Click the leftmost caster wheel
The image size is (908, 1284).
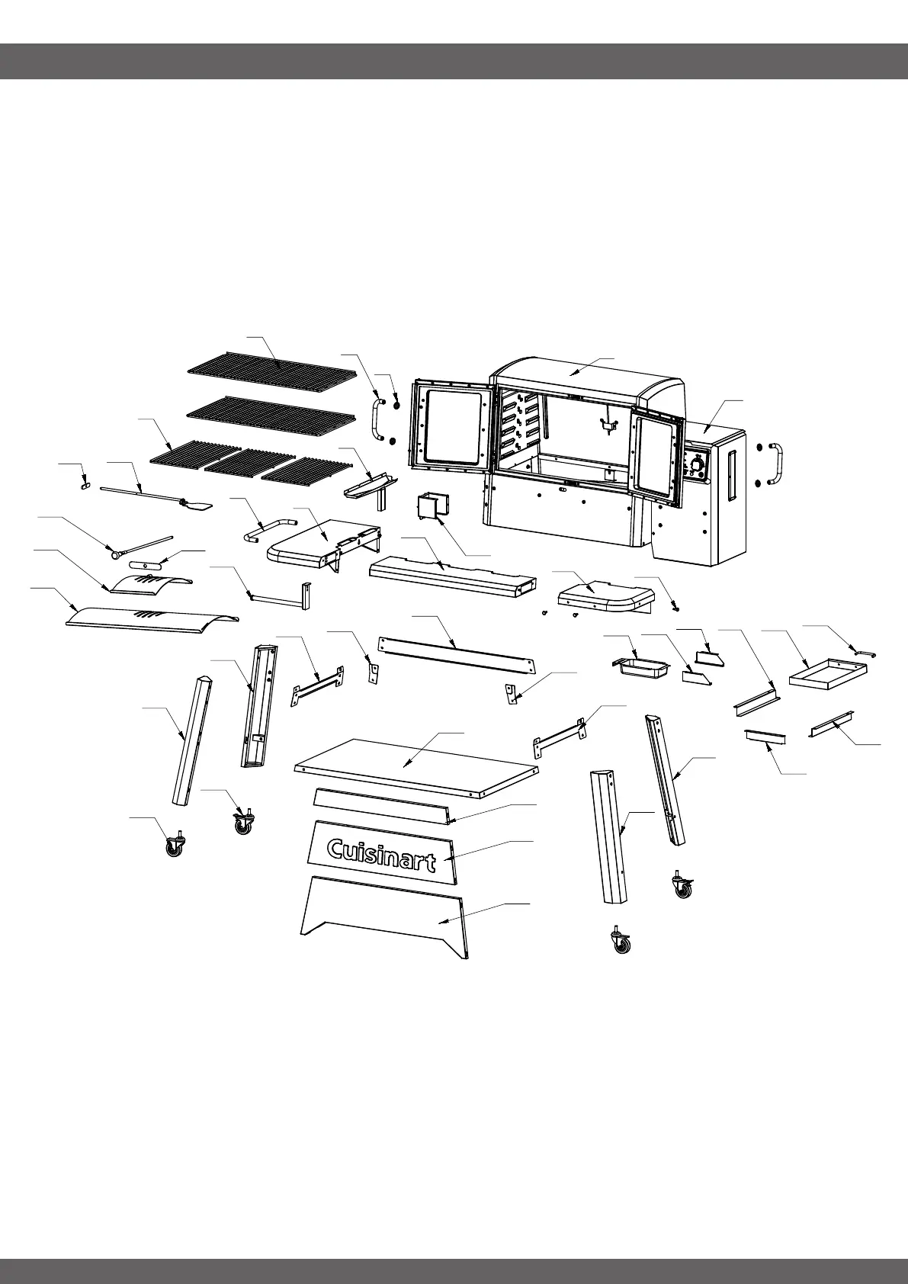[175, 846]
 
